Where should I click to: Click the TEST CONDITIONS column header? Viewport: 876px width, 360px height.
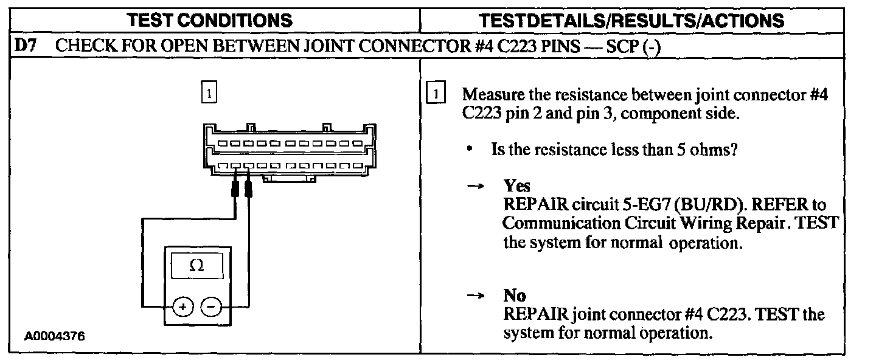click(x=210, y=21)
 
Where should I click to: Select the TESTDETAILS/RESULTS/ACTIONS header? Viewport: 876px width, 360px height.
click(x=631, y=21)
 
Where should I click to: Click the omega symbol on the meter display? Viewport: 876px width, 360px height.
click(x=196, y=266)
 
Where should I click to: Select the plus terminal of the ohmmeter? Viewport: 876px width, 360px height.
click(x=182, y=307)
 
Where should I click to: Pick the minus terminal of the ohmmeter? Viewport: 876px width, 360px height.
click(x=210, y=307)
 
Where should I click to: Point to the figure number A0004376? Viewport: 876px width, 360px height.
click(x=55, y=336)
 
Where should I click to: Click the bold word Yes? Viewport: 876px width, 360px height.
click(x=516, y=185)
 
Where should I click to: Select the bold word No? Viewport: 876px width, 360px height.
click(x=514, y=296)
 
